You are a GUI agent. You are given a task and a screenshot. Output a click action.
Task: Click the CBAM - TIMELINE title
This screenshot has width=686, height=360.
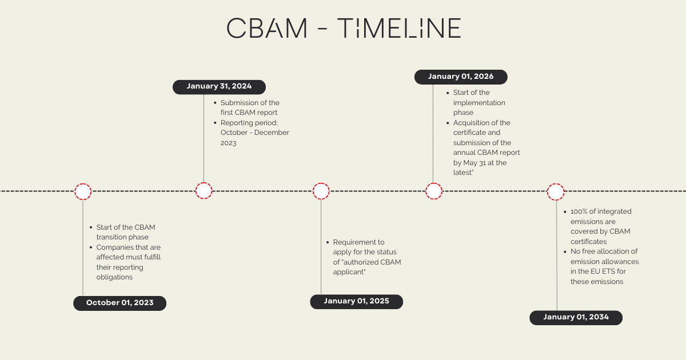coord(343,28)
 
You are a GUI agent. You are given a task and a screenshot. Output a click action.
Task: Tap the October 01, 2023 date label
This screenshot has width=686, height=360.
coord(119,303)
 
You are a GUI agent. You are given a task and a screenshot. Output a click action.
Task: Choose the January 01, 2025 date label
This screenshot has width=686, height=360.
coord(356,301)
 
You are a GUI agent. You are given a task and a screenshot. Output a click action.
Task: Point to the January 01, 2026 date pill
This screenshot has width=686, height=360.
coord(460,77)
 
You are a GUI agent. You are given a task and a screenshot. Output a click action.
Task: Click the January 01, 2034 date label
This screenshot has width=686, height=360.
coord(576,317)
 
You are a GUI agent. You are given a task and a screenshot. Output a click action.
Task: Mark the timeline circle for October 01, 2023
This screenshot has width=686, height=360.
coord(83,191)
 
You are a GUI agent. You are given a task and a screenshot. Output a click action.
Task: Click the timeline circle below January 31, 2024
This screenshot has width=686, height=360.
coord(204,191)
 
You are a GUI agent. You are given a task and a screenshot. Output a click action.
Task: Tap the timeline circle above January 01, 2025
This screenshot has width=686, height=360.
coord(321,191)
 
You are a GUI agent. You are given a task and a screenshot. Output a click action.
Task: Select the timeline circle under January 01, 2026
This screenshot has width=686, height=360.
coord(434,191)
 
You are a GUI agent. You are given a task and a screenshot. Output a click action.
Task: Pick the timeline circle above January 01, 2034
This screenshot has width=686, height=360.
coord(556,191)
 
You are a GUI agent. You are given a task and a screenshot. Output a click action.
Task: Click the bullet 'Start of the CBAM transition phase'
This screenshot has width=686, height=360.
coord(125,232)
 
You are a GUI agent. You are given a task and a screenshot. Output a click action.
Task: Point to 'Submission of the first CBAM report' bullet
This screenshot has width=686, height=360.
coord(250,107)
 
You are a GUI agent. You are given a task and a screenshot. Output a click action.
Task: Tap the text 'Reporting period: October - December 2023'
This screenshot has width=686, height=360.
coord(254,133)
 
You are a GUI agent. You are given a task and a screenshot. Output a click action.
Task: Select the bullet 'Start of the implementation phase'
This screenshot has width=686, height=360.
coord(478,102)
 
